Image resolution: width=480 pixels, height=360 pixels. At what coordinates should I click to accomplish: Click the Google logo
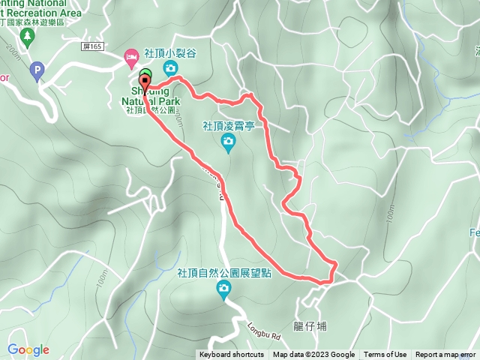pyautogui.click(x=28, y=349)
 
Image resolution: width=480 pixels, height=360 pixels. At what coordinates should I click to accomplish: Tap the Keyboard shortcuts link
pyautogui.click(x=232, y=355)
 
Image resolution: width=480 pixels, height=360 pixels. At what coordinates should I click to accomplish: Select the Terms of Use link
pyautogui.click(x=385, y=355)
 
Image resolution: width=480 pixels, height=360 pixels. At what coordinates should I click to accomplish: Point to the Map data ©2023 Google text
pyautogui.click(x=313, y=355)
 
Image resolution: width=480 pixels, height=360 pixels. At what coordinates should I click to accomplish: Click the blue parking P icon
pyautogui.click(x=36, y=72)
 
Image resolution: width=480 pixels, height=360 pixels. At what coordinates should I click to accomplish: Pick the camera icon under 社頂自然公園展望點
pyautogui.click(x=223, y=289)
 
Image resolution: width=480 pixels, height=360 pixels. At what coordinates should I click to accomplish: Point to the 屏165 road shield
pyautogui.click(x=91, y=46)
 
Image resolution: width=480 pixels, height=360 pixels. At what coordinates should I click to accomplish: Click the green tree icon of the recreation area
pyautogui.click(x=28, y=37)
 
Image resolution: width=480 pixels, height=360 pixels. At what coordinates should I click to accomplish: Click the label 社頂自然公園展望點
pyautogui.click(x=224, y=274)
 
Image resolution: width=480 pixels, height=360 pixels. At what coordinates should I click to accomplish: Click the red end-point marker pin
pyautogui.click(x=144, y=82)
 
